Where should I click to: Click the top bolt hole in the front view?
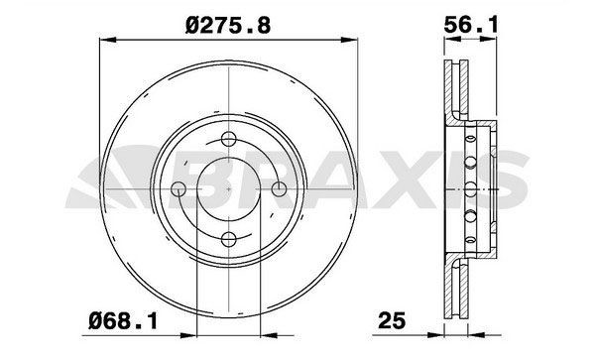pos(228,138)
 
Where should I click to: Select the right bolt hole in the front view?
pos(277,187)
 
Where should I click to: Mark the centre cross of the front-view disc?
pos(228,187)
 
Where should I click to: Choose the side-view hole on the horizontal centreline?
pos(467,187)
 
